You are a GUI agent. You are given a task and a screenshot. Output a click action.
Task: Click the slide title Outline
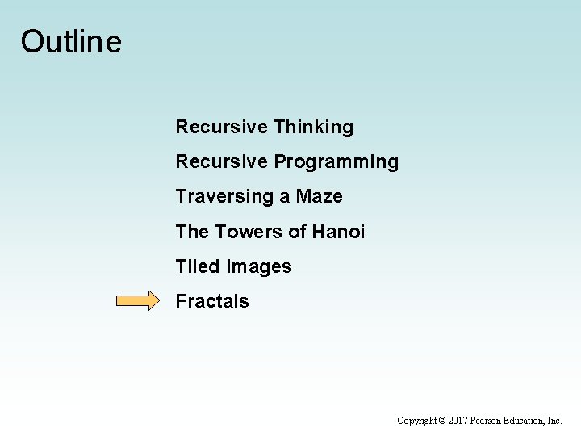point(71,42)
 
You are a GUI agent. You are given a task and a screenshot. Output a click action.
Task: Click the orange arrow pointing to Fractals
point(138,301)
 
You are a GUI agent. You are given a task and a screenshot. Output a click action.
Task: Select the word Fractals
point(212,301)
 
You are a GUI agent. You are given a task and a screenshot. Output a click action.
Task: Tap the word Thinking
point(313,128)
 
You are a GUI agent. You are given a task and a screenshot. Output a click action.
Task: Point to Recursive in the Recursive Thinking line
point(221,128)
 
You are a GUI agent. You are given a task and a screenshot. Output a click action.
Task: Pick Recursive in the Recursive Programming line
point(221,162)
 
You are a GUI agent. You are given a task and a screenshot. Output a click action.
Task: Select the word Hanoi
point(338,232)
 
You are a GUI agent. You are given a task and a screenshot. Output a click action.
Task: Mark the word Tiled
point(199,266)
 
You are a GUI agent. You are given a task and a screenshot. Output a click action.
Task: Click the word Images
point(259,266)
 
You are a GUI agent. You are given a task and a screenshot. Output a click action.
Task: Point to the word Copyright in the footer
point(416,421)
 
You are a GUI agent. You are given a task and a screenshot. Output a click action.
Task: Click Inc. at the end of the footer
point(555,421)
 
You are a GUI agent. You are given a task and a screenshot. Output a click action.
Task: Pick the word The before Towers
point(192,232)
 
